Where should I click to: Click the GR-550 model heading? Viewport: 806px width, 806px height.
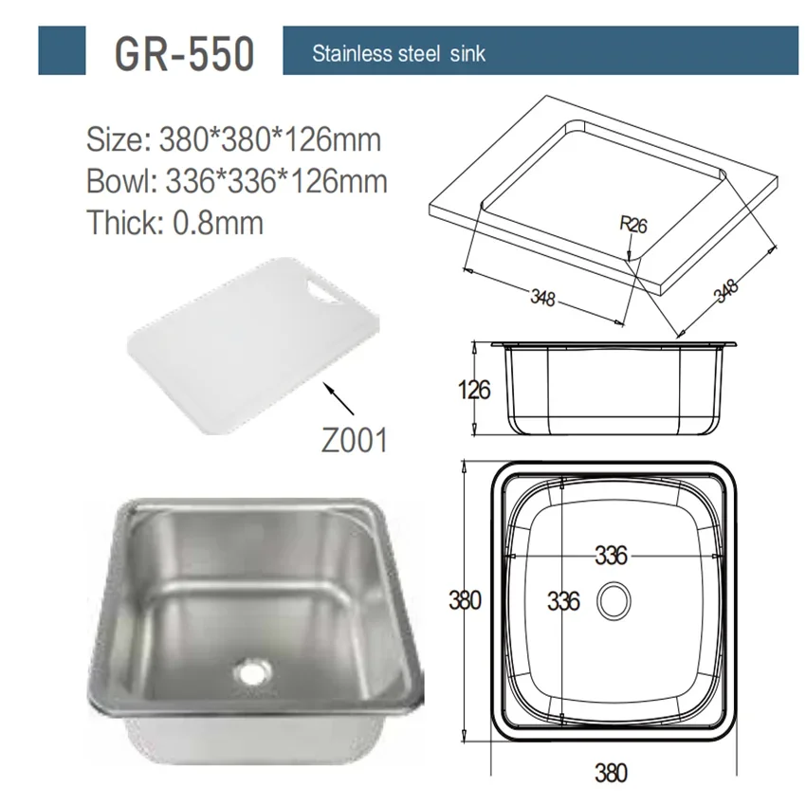[x=184, y=53]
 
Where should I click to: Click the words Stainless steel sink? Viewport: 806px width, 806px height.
[x=398, y=53]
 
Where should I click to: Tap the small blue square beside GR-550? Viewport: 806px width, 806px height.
[x=62, y=50]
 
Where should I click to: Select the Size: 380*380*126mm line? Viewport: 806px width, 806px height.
[x=233, y=139]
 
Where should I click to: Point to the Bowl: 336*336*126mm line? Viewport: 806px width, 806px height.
[x=236, y=181]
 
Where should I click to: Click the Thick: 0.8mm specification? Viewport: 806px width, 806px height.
[x=174, y=223]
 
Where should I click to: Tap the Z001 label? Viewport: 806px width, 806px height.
[x=355, y=441]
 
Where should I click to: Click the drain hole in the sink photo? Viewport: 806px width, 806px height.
[x=252, y=671]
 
